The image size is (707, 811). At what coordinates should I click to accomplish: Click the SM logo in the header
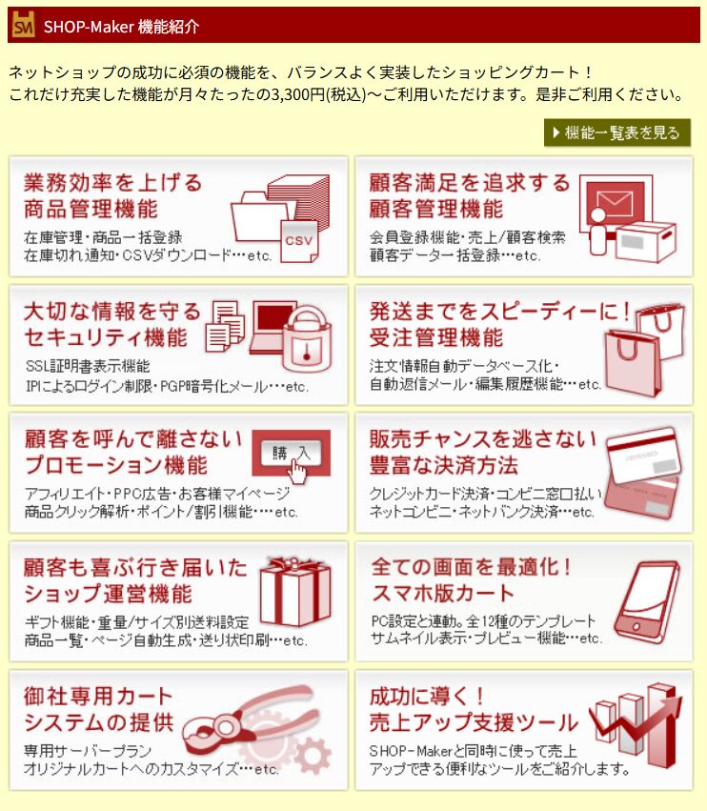[23, 25]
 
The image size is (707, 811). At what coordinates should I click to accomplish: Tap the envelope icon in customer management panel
[615, 203]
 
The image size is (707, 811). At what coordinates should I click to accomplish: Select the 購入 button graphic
[292, 453]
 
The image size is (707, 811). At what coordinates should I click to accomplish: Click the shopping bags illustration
[645, 349]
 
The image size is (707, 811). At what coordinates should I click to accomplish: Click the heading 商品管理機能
[91, 210]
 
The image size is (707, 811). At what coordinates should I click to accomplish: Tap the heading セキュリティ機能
[106, 337]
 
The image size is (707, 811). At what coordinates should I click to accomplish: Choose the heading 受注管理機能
[436, 337]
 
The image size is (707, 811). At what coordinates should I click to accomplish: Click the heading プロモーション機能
[116, 465]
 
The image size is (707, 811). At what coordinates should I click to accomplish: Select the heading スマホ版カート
[443, 594]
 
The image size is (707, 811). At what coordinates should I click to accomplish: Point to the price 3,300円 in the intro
[298, 94]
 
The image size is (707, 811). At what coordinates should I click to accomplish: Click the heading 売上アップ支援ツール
[474, 722]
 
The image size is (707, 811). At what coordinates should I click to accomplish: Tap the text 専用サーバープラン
[88, 751]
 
